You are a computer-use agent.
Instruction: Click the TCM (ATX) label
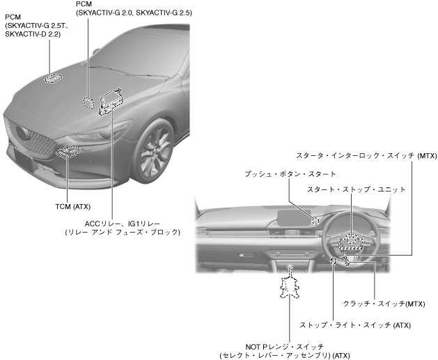point(72,206)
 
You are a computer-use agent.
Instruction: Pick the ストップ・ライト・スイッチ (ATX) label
point(347,324)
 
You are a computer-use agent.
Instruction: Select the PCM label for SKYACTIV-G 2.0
point(124,13)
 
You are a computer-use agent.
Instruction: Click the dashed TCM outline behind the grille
point(69,150)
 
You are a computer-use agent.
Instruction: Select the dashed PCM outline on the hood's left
point(53,77)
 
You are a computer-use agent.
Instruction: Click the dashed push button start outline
point(315,220)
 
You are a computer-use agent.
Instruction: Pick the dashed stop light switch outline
point(334,260)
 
